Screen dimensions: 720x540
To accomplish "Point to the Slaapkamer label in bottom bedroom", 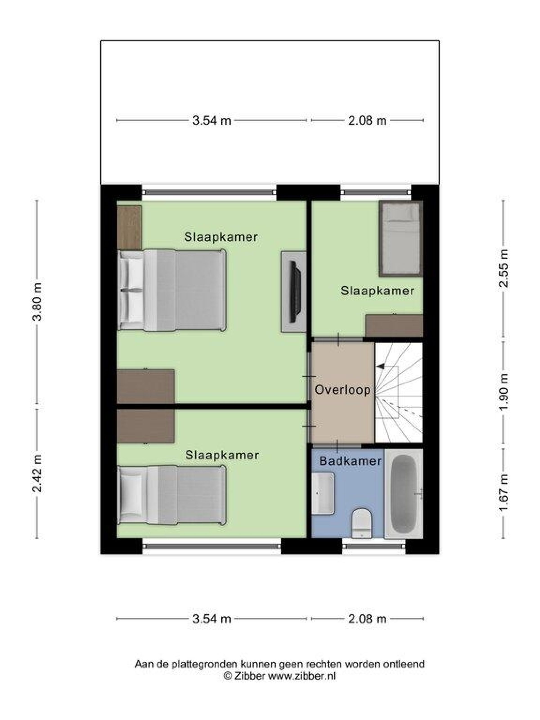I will (222, 455).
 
